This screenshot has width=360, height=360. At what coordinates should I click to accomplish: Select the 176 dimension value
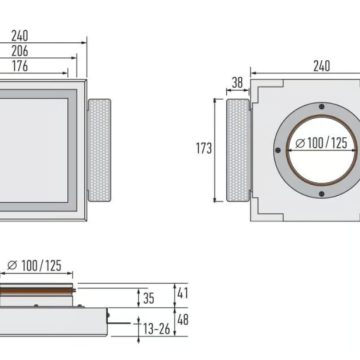click(x=20, y=67)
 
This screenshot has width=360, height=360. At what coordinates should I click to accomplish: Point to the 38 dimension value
click(x=237, y=84)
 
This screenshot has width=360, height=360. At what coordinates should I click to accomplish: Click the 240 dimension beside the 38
click(x=321, y=67)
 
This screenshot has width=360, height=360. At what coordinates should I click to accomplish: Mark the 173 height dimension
click(x=205, y=148)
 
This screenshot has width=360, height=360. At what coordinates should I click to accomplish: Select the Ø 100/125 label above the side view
click(x=35, y=266)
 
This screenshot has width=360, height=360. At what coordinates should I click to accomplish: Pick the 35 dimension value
click(x=150, y=297)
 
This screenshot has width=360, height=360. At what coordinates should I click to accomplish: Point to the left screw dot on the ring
click(x=276, y=151)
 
